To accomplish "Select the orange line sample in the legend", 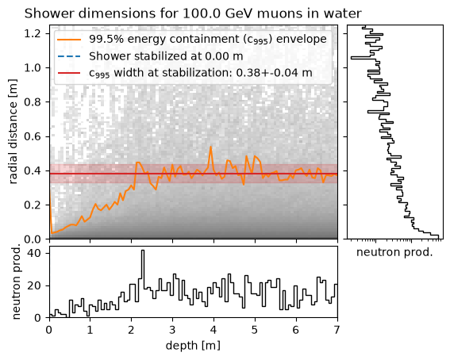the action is pyautogui.click(x=69, y=40).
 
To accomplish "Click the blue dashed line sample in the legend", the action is pyautogui.click(x=69, y=56).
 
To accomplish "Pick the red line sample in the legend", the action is pyautogui.click(x=69, y=73).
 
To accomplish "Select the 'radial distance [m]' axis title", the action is pyautogui.click(x=13, y=132).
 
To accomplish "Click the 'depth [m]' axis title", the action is pyautogui.click(x=193, y=346).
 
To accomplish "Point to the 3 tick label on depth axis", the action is pyautogui.click(x=172, y=330).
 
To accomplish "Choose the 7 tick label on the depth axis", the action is pyautogui.click(x=337, y=330).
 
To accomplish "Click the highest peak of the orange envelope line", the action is pyautogui.click(x=211, y=147).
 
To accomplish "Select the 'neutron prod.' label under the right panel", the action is pyautogui.click(x=394, y=252).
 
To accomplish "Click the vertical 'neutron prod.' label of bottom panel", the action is pyautogui.click(x=17, y=282).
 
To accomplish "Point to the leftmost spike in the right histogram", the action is pyautogui.click(x=352, y=58).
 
